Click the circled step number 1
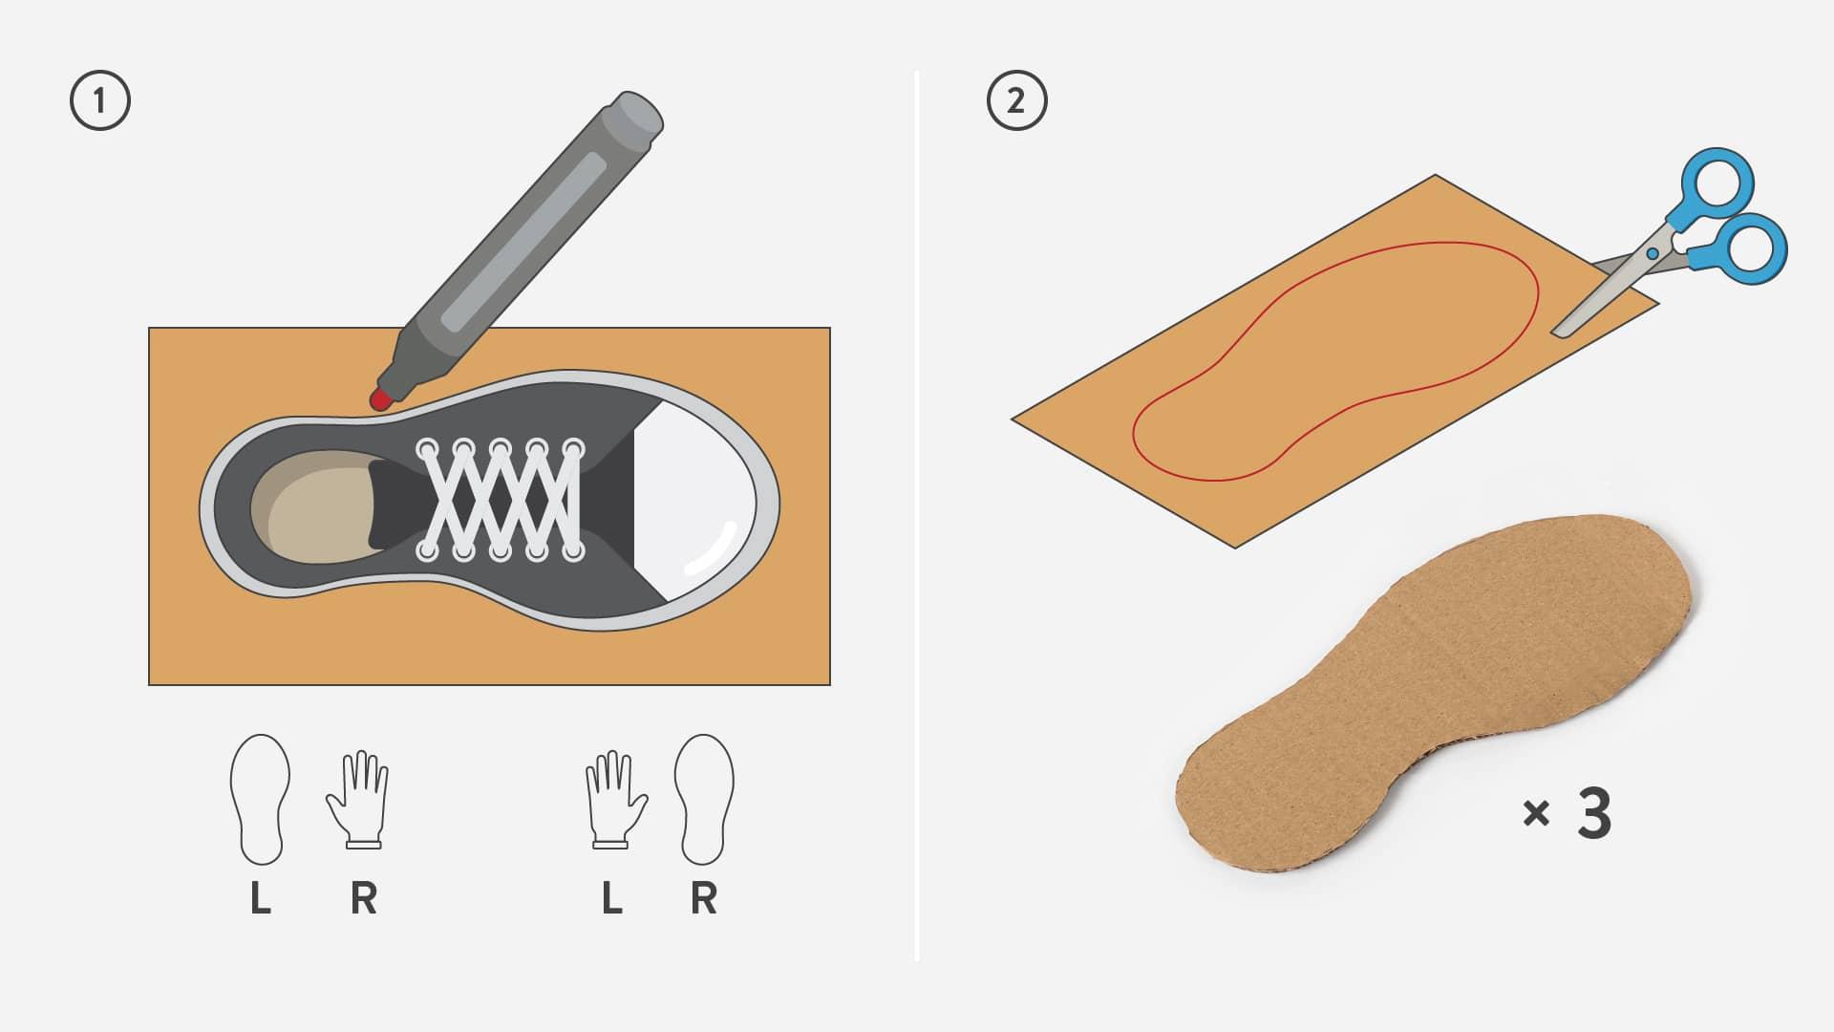[100, 100]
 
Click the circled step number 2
[1016, 100]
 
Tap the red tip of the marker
[379, 398]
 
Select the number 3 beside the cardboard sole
[1593, 813]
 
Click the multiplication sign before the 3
[1536, 814]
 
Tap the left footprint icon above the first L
[260, 800]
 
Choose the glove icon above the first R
[358, 800]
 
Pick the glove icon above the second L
[616, 800]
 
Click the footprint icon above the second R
[704, 800]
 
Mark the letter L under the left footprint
[260, 898]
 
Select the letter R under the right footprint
[704, 898]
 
